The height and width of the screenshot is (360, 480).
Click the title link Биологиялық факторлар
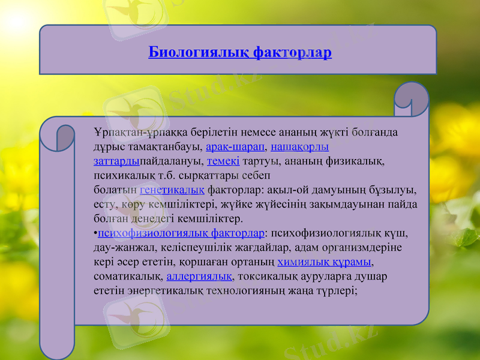240,53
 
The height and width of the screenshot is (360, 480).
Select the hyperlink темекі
223,161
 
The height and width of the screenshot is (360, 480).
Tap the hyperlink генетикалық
172,190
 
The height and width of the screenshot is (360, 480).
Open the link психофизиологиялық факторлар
181,233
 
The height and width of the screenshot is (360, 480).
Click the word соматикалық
128,276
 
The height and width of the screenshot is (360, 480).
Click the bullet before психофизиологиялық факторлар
96,233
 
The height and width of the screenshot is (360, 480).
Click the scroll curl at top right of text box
412,100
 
